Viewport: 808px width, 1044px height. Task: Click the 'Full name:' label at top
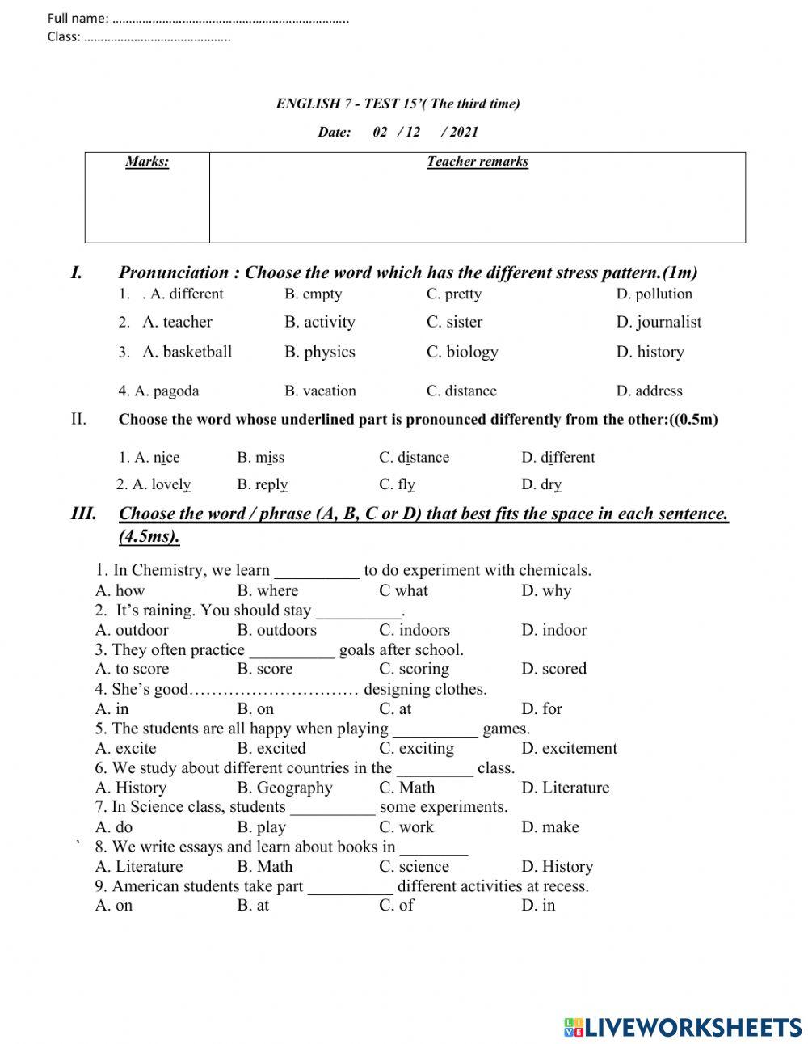[78, 18]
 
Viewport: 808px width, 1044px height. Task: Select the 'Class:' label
[64, 36]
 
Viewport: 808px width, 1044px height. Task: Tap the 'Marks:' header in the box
[147, 162]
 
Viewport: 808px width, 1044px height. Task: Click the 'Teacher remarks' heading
[478, 162]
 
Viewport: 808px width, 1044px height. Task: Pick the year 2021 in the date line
[464, 132]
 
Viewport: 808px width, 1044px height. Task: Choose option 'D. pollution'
[654, 294]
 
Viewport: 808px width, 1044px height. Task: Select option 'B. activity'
[319, 322]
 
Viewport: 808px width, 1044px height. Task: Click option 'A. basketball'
[187, 352]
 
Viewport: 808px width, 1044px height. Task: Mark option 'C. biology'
[462, 352]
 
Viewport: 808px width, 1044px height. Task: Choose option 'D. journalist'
[659, 322]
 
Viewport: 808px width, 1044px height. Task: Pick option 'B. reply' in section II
[262, 484]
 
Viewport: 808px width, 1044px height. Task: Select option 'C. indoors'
[414, 630]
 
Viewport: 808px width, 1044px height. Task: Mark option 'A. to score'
[132, 669]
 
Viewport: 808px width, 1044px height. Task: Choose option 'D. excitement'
[569, 748]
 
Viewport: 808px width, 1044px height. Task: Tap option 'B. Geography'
[284, 788]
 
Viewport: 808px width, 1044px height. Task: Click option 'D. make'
[549, 827]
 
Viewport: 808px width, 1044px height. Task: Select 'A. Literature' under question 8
[139, 866]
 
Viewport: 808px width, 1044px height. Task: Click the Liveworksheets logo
[683, 1027]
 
